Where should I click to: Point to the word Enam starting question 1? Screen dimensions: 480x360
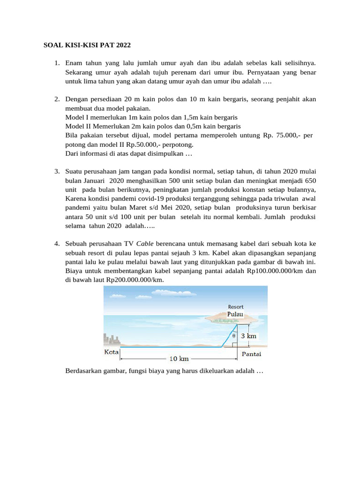(74, 62)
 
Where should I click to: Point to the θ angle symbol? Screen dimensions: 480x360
(234, 336)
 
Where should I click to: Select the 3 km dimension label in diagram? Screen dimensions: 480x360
(248, 336)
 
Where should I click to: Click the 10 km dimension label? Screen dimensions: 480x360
(179, 359)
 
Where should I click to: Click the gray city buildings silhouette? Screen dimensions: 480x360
(112, 340)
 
